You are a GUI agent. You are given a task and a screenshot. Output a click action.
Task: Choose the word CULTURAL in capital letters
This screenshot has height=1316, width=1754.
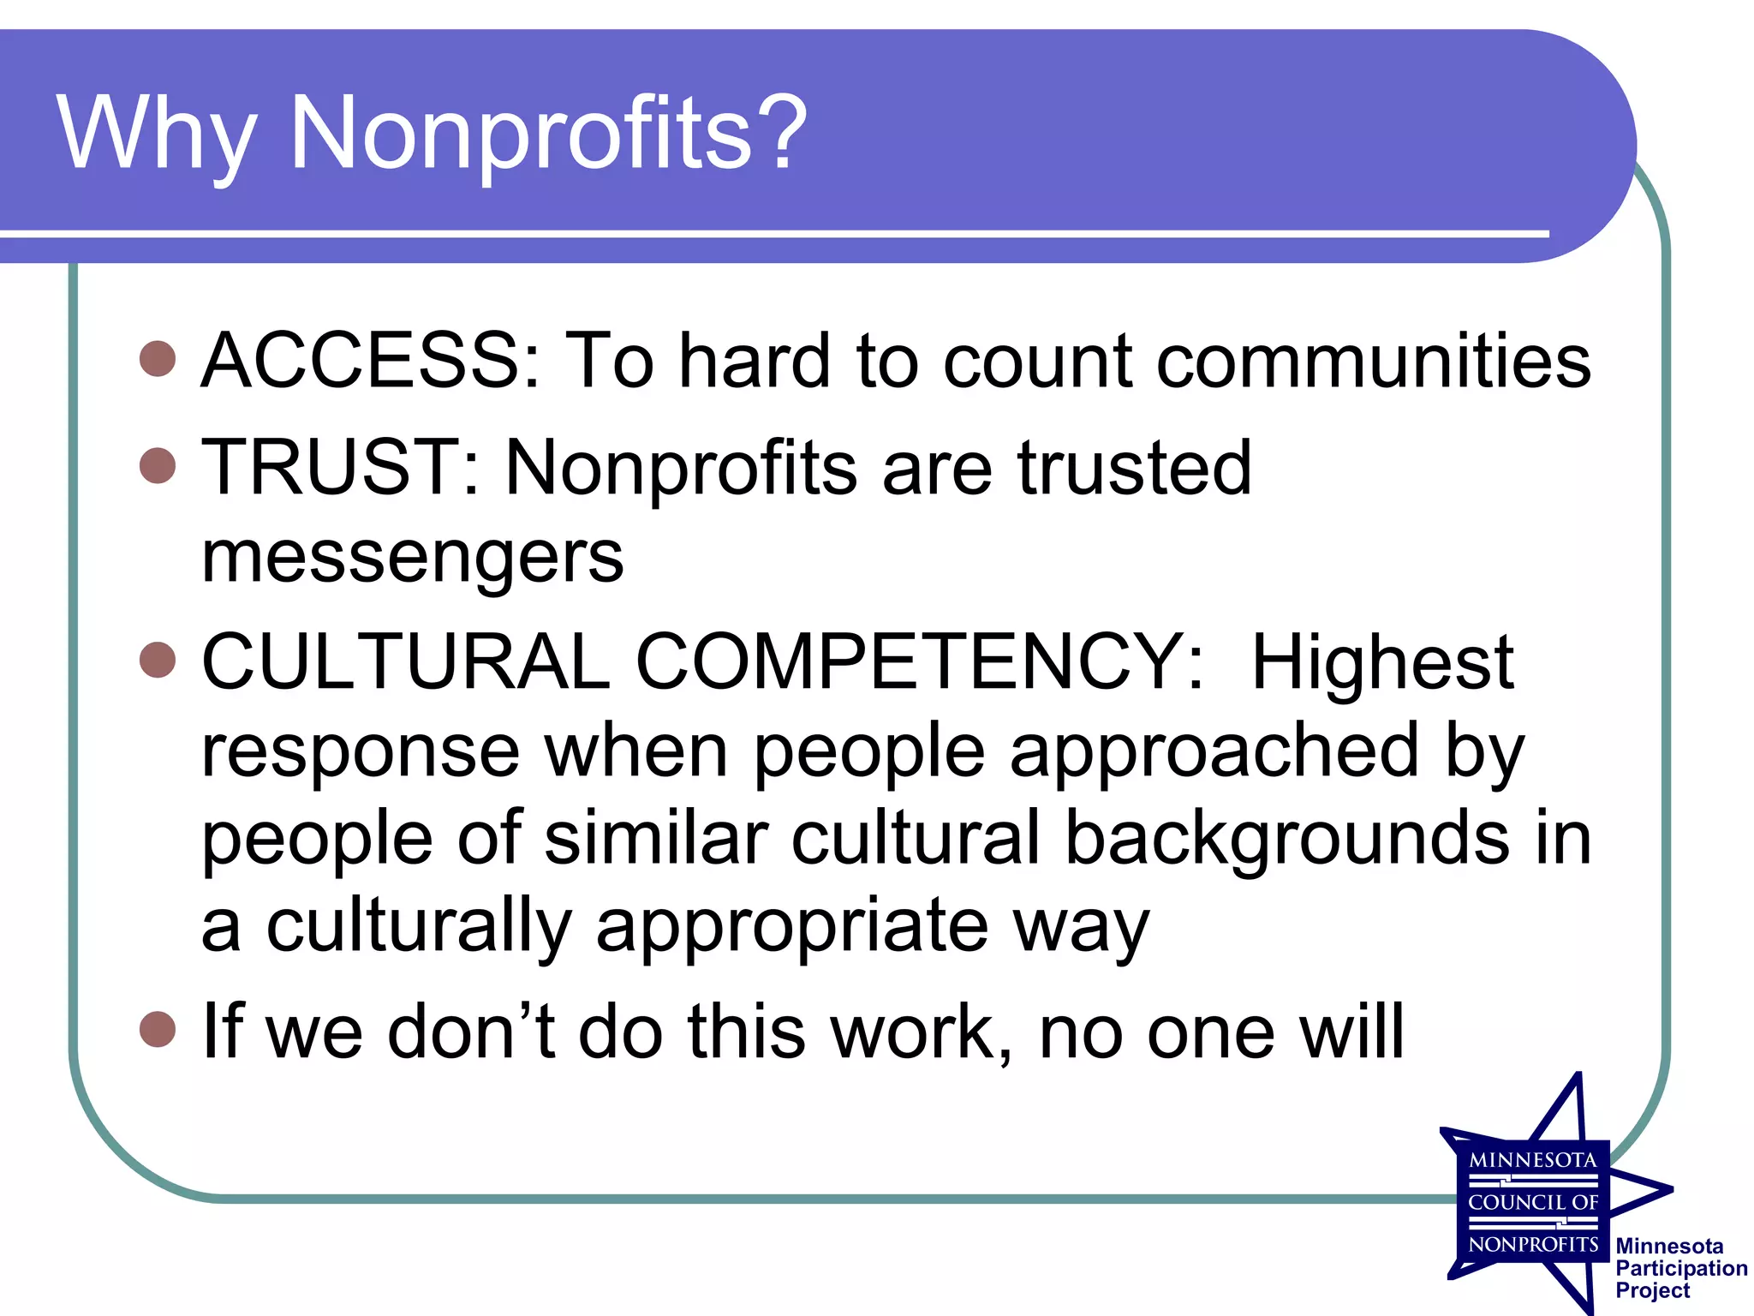pyautogui.click(x=406, y=662)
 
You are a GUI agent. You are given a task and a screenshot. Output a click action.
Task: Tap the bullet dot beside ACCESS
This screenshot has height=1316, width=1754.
pyautogui.click(x=158, y=359)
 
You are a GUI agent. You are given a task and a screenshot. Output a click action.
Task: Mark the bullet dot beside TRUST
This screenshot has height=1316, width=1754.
pyautogui.click(x=158, y=466)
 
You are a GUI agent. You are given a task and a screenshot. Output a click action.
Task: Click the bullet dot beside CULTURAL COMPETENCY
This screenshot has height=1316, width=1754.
pyautogui.click(x=158, y=661)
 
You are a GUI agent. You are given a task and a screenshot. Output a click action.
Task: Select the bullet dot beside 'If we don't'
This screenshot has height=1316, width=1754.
pyautogui.click(x=158, y=1030)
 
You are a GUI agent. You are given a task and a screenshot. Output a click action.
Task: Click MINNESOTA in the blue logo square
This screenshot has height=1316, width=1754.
pyautogui.click(x=1533, y=1161)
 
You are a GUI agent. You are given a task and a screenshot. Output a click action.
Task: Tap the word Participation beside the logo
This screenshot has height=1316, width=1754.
pyautogui.click(x=1681, y=1269)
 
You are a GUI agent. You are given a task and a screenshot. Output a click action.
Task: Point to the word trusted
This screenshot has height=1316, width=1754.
pyautogui.click(x=1134, y=468)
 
